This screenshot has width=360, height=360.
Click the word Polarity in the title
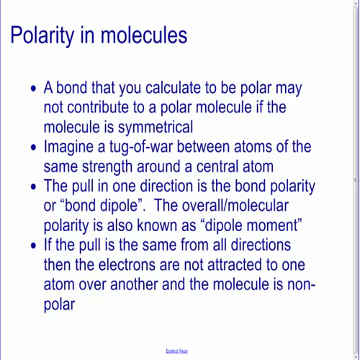pyautogui.click(x=48, y=35)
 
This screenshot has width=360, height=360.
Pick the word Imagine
pyautogui.click(x=77, y=148)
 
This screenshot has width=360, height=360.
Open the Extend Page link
pyautogui.click(x=176, y=351)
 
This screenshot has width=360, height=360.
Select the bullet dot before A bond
pyautogui.click(x=34, y=90)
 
